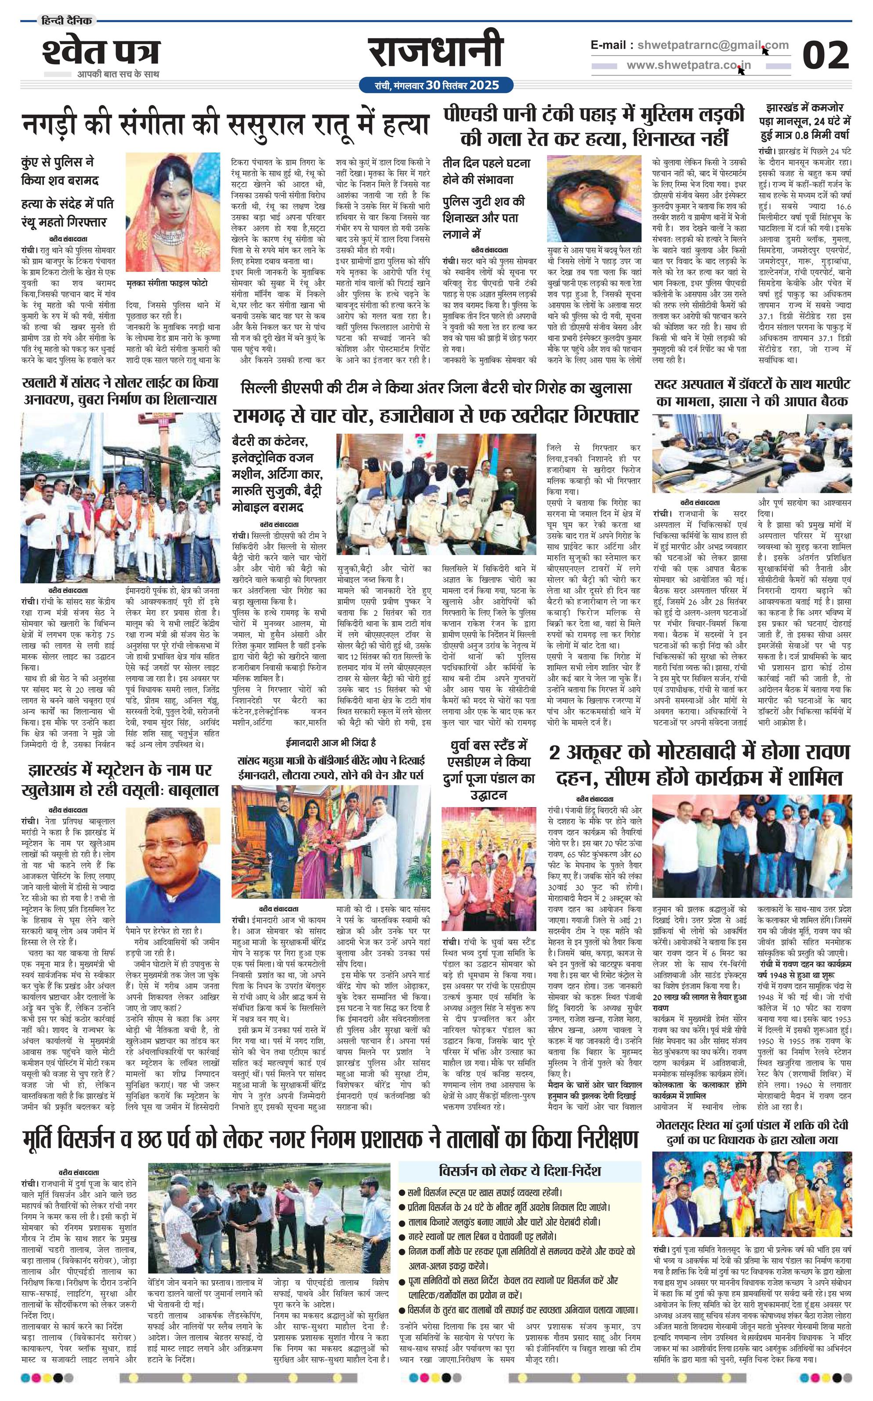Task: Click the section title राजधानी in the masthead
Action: (x=435, y=53)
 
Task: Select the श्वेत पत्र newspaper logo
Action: (x=101, y=53)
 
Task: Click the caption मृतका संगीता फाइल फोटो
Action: (x=167, y=283)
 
